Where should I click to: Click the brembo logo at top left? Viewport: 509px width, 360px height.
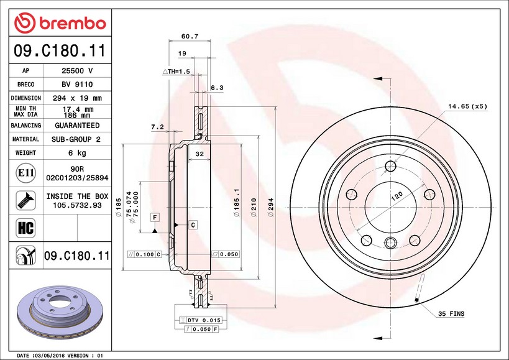click(60, 23)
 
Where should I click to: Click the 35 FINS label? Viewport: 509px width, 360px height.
click(451, 315)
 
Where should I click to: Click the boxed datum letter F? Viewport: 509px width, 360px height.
click(154, 217)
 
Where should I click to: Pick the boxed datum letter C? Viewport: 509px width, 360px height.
click(193, 224)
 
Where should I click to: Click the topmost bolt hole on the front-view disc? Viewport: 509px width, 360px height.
click(390, 166)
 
